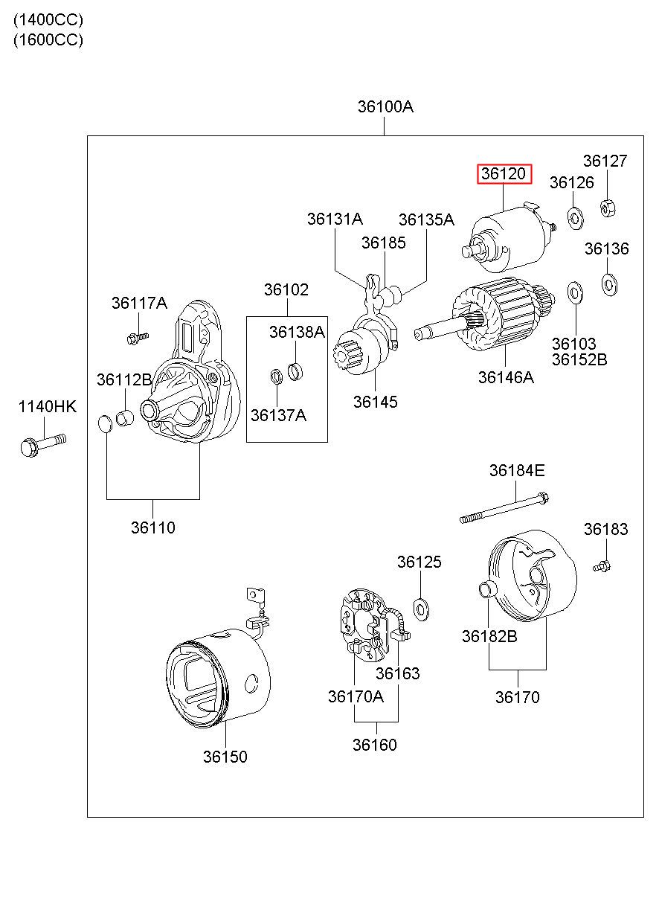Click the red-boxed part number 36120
click(x=504, y=174)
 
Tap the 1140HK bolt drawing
click(x=43, y=445)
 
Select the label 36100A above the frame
click(x=385, y=106)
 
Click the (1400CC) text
click(x=48, y=19)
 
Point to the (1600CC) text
click(x=48, y=40)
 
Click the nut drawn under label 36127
click(x=608, y=208)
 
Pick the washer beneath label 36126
click(x=576, y=218)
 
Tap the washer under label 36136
click(x=610, y=284)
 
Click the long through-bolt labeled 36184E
click(x=504, y=507)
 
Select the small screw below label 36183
click(x=602, y=566)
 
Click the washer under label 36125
click(x=421, y=609)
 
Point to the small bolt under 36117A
click(x=138, y=338)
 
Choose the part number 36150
click(x=225, y=757)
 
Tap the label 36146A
click(x=506, y=377)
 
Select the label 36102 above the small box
click(x=286, y=289)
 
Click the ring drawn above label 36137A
click(x=276, y=376)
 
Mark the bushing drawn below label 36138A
click(x=295, y=371)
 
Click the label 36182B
click(x=489, y=636)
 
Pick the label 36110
click(x=152, y=528)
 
